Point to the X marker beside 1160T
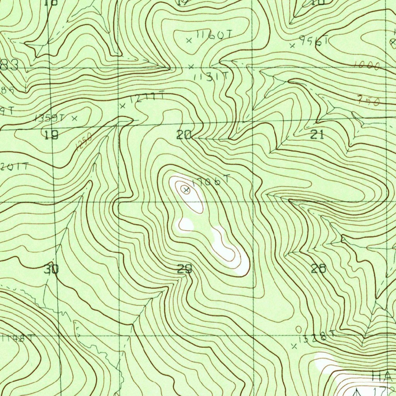(189, 40)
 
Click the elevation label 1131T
(211, 77)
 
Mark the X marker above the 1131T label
(191, 67)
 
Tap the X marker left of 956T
(293, 46)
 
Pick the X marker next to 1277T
(123, 106)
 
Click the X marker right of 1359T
(75, 118)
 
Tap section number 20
(184, 135)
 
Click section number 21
(317, 135)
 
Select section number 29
(184, 269)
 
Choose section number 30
(51, 269)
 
